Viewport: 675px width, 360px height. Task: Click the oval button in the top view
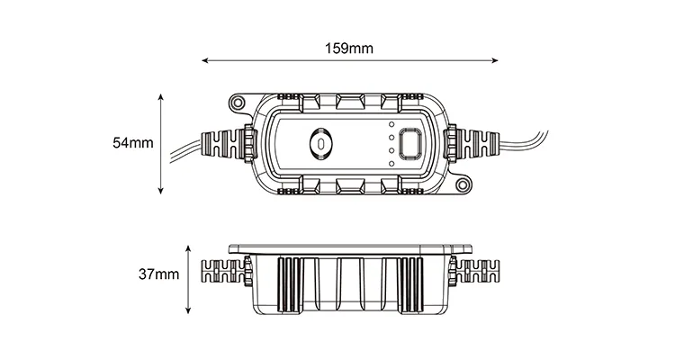click(319, 144)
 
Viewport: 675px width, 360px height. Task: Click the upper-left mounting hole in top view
click(238, 104)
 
